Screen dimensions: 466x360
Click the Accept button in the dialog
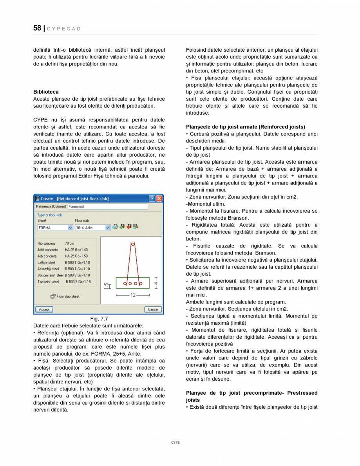point(44,309)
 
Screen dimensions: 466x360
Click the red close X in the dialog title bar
point(159,199)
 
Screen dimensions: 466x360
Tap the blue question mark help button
point(152,199)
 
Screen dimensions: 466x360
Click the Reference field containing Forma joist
point(108,206)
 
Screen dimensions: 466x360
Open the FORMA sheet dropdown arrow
point(71,228)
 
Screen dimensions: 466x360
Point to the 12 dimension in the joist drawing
point(133,295)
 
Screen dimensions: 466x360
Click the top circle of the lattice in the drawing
point(133,244)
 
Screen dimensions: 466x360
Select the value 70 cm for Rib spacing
point(69,244)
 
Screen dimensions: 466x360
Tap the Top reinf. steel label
point(48,282)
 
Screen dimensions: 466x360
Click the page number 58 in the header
point(37,28)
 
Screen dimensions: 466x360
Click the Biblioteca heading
point(46,92)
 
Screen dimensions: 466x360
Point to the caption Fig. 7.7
point(99,319)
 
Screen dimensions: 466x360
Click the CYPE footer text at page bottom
point(175,443)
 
